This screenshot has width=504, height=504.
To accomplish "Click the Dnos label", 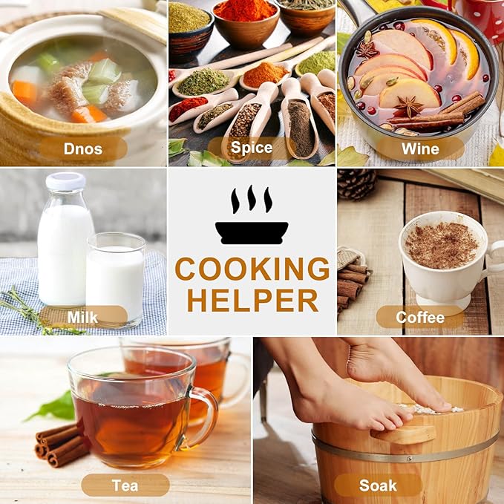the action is coord(83,148).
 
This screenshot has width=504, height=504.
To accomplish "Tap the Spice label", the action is coord(252,148).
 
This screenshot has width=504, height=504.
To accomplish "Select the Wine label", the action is coord(420,148).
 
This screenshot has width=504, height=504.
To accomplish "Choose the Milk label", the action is coord(83,317).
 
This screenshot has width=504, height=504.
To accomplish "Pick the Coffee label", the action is coord(420,317).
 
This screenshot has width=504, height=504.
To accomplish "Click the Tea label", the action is coord(125,485).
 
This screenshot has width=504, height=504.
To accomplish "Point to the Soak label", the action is coord(378,485).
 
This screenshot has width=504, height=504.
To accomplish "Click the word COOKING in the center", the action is coord(252,269).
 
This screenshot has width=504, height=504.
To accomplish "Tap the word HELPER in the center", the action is coord(252,300).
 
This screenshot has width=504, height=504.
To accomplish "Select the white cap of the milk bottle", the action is coord(65,181).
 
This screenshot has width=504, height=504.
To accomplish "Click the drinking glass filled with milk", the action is coord(115,280).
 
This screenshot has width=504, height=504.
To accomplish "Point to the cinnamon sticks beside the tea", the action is coord(59,445).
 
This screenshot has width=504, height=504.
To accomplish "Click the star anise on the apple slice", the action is coord(409,106).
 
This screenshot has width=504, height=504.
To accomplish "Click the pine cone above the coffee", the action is coord(357,184).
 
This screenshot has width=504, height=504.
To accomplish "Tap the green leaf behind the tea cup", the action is coord(53,408).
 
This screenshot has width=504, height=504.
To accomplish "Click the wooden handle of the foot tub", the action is coord(403,435).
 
